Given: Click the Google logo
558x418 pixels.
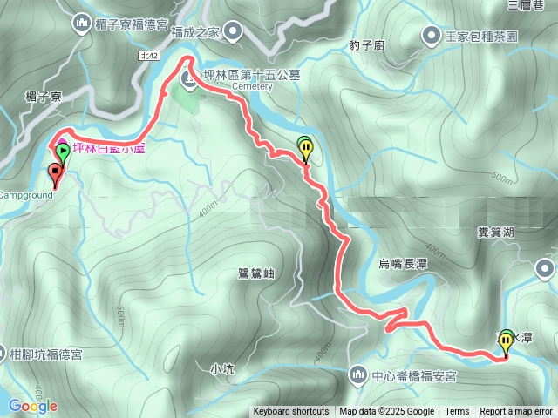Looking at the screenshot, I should point(33,406).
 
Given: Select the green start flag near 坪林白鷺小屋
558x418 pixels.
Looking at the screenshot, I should point(62,153).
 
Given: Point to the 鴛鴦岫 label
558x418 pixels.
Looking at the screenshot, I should point(255,273).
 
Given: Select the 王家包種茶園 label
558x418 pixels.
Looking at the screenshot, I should point(482,37).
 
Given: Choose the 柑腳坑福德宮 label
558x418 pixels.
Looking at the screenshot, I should point(46,354).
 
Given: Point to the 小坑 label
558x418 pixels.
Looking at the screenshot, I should point(223,369).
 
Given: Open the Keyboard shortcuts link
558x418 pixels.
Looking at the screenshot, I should point(291,412).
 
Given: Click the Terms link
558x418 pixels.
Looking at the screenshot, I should point(457,412).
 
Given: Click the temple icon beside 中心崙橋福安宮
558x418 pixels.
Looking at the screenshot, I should point(357,376).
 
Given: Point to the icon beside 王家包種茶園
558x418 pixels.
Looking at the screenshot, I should point(432,36).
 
